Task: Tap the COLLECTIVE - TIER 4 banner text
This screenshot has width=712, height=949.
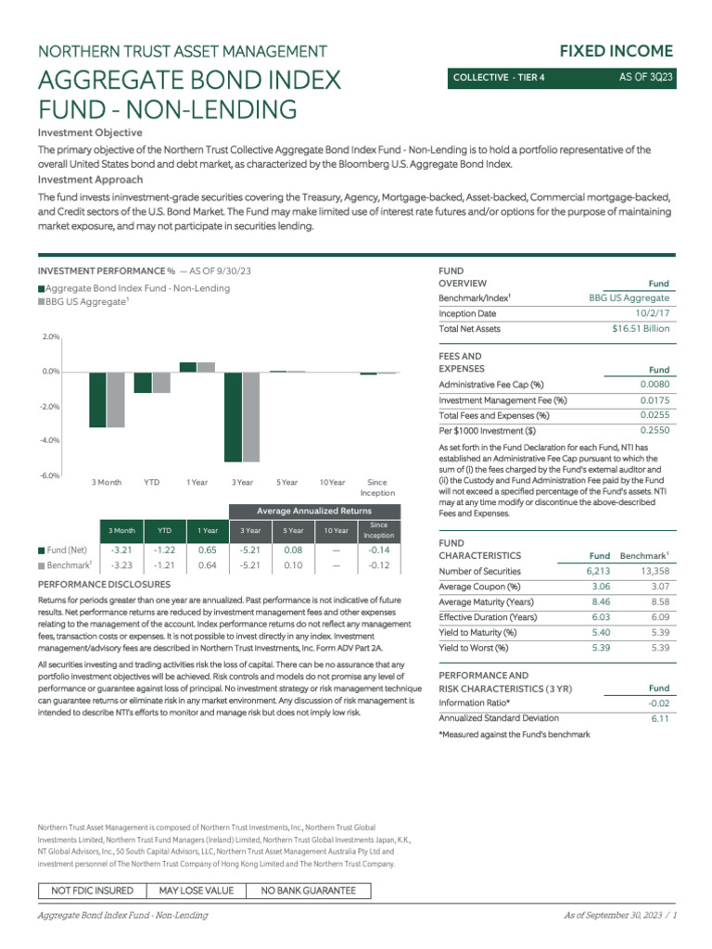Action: pos(499,78)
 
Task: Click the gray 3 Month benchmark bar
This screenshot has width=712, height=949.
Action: pos(115,399)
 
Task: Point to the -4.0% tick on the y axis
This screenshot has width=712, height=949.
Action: pos(49,440)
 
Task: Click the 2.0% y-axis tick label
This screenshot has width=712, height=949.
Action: pos(50,337)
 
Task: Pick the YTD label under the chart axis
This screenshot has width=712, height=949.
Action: pos(152,483)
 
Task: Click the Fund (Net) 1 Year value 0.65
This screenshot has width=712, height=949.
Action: pos(207,550)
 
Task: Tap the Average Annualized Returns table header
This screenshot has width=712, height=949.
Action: pos(314,512)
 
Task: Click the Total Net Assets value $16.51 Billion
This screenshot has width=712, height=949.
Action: pos(641,328)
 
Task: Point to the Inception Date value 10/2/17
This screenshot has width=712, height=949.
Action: pos(652,313)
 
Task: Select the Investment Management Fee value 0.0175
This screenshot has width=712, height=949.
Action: pos(654,399)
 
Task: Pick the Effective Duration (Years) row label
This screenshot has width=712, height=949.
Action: pos(487,616)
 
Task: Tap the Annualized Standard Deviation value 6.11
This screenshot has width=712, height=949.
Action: pos(660,717)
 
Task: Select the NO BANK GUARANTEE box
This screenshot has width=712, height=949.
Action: pos(308,891)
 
